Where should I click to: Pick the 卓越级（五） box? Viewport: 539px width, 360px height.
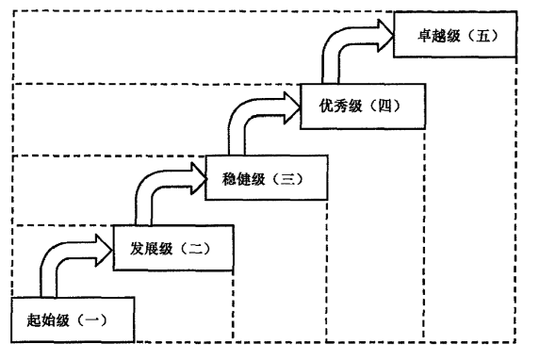(x=455, y=37)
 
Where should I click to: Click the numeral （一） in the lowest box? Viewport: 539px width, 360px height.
(x=91, y=319)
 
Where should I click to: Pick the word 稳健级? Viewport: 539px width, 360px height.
(x=235, y=176)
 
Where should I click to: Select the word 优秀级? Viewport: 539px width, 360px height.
(x=327, y=106)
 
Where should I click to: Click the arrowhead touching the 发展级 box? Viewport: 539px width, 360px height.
(x=103, y=248)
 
